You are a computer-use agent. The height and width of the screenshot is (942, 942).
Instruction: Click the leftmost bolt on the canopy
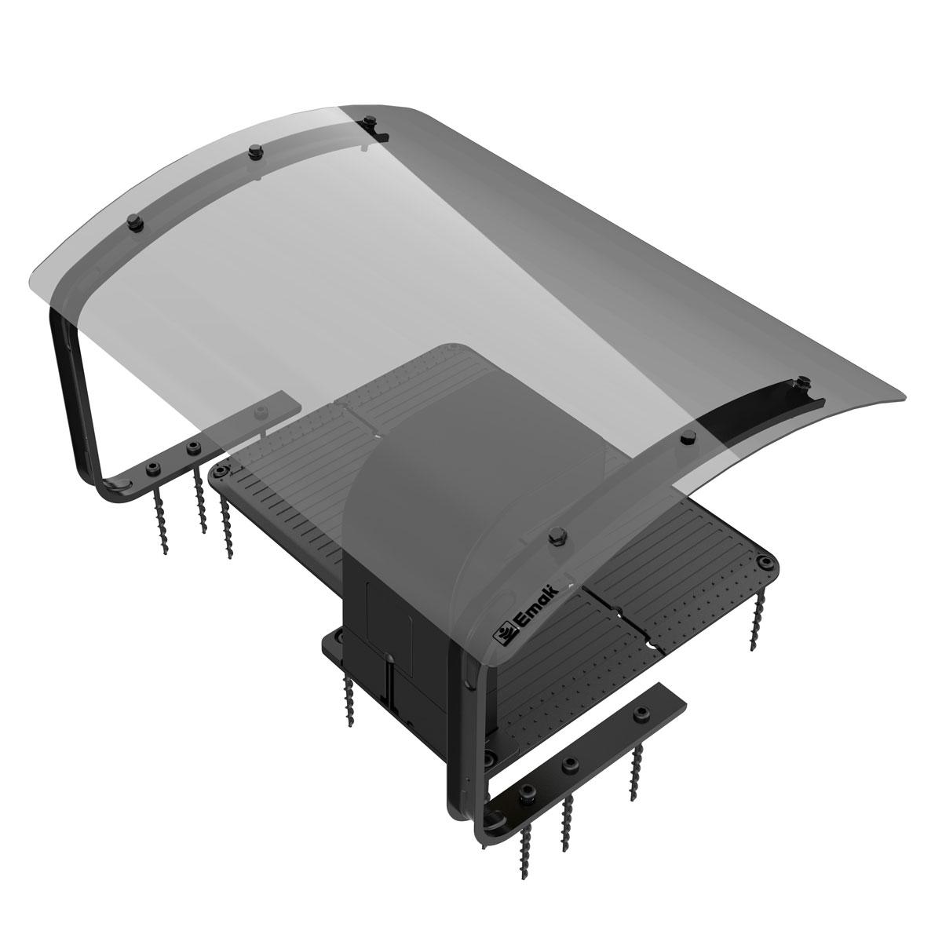click(x=134, y=222)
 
